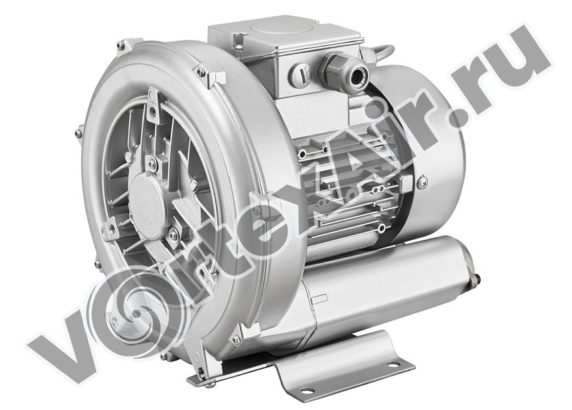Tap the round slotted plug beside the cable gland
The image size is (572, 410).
[302, 75]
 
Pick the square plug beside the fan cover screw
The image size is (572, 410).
[406, 183]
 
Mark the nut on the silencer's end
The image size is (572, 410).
[475, 279]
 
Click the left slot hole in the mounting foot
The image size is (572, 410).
[307, 392]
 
